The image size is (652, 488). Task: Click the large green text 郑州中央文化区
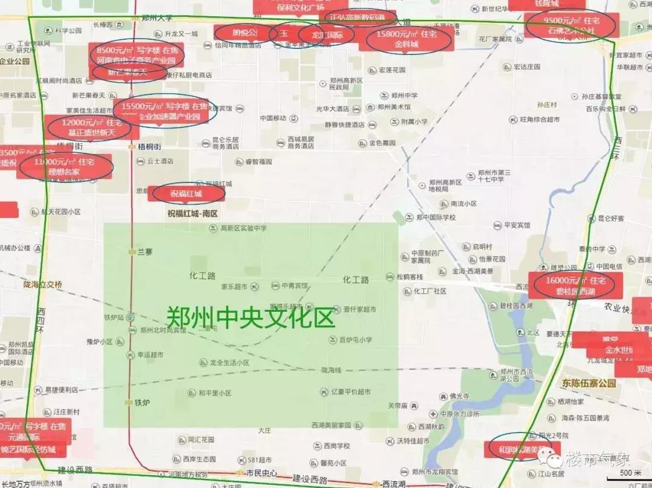point(250,316)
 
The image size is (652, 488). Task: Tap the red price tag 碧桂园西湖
point(571,286)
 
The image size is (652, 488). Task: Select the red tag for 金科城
point(406,39)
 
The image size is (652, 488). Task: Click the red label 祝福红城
point(187,194)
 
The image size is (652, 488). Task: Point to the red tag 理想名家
point(65,167)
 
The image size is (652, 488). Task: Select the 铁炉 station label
point(141,402)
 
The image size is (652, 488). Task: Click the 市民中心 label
point(261,473)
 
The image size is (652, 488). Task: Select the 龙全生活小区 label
point(229,362)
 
